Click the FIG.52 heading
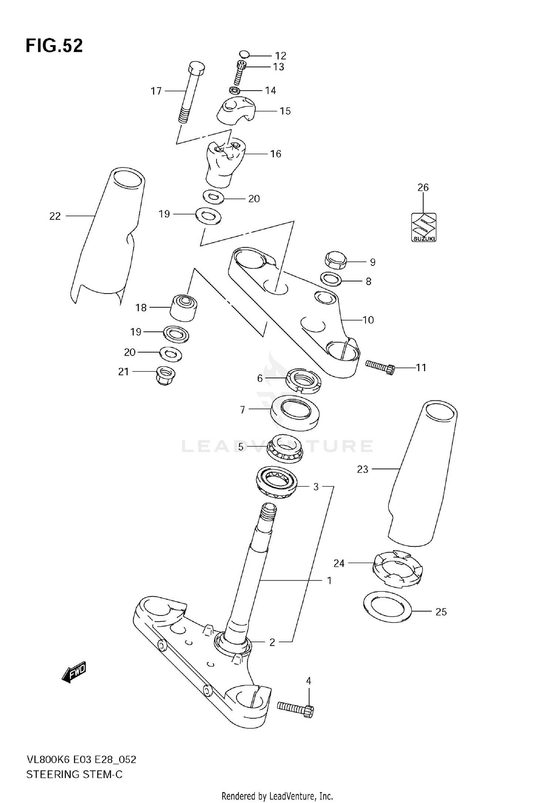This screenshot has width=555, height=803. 54,46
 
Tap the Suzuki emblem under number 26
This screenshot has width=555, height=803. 424,227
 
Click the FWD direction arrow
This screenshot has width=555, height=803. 74,671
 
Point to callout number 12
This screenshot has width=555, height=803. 280,56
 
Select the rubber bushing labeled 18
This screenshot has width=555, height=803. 184,307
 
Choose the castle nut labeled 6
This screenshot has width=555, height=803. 303,379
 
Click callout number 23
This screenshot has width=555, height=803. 363,469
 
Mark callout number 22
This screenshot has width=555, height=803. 55,216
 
